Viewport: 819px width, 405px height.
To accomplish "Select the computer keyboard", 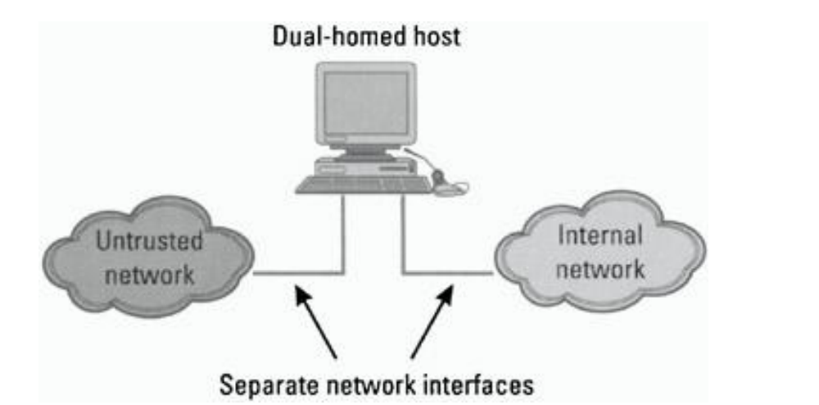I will (363, 184).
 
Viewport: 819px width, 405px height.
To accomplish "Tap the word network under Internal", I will (600, 267).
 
